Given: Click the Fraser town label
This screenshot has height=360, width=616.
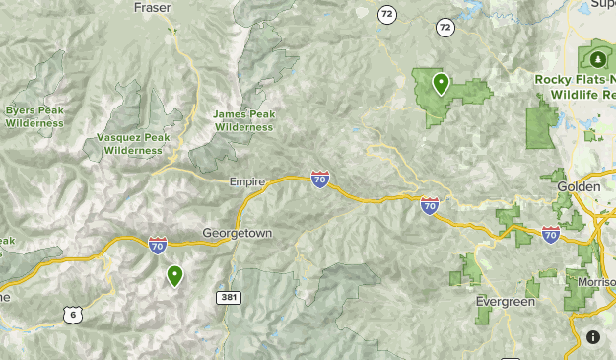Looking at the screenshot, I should [152, 7].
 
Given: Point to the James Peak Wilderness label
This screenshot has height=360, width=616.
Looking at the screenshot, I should [243, 120].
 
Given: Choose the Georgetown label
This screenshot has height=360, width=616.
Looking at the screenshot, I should [237, 233].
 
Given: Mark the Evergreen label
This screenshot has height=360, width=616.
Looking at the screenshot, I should [505, 300].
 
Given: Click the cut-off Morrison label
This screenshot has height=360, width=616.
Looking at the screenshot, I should [595, 282].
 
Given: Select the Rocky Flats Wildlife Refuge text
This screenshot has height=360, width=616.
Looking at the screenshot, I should [576, 86].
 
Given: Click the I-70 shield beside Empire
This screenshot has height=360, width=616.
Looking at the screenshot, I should [320, 179].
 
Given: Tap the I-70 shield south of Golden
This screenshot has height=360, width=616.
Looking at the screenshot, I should [551, 234].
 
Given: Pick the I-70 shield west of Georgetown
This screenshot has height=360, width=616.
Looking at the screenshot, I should [158, 244].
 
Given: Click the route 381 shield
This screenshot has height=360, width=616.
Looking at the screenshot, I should [227, 296].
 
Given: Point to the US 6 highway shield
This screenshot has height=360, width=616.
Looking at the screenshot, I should [70, 315].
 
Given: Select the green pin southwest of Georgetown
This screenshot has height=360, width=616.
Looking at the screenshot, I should [175, 275].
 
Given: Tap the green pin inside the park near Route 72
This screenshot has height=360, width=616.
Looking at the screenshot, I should [441, 84].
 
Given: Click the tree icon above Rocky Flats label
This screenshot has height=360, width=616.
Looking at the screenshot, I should [600, 54].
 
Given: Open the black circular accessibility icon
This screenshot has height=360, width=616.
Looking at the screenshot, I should [593, 337].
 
